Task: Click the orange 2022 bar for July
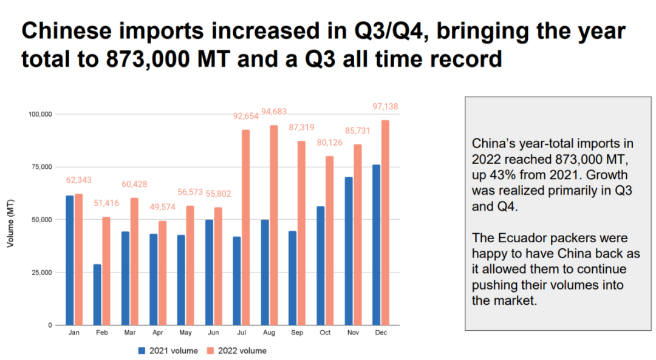tap(246, 227)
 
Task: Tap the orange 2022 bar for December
tap(385, 222)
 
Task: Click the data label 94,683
tap(274, 112)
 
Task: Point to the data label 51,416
tap(106, 203)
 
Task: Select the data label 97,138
tap(385, 106)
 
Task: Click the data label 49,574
tap(162, 207)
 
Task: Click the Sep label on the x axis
tap(297, 333)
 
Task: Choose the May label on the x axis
tap(186, 333)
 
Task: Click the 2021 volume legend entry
tap(172, 350)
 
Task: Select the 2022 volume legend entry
tap(237, 350)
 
